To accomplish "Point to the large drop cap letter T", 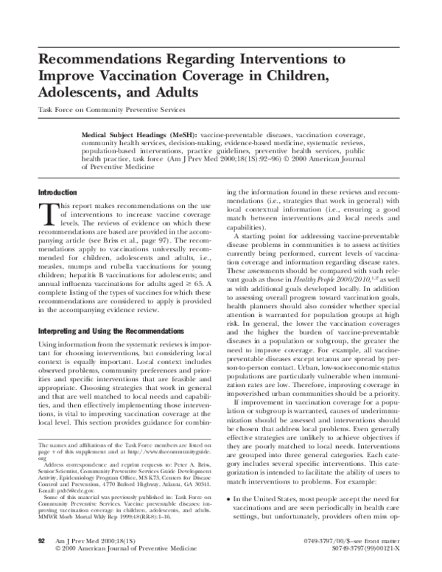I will (x=45, y=214).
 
